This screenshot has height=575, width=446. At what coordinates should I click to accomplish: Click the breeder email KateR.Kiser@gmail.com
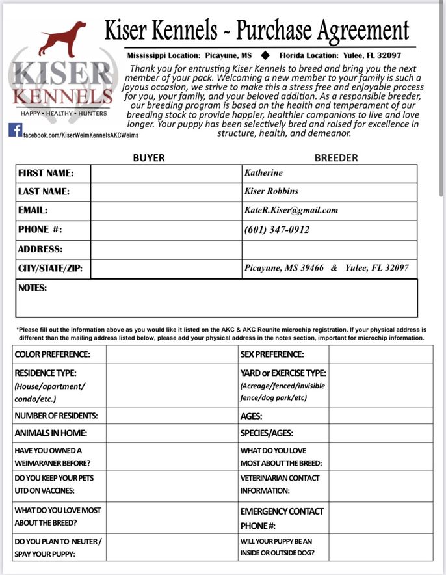pyautogui.click(x=291, y=210)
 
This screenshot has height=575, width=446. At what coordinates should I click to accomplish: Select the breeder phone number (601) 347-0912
pyautogui.click(x=276, y=230)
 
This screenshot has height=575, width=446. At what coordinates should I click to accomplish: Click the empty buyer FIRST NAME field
pyautogui.click(x=165, y=174)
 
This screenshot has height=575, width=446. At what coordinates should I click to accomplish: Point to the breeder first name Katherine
pyautogui.click(x=263, y=173)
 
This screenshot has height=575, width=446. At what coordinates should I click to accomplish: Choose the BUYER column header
pyautogui.click(x=149, y=157)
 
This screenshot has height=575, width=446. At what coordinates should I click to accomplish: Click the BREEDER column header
pyautogui.click(x=336, y=157)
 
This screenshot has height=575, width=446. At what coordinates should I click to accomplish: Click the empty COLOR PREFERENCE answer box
pyautogui.click(x=172, y=354)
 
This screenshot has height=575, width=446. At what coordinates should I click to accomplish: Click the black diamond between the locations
pyautogui.click(x=265, y=55)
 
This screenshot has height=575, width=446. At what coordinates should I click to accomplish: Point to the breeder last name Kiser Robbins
pyautogui.click(x=271, y=192)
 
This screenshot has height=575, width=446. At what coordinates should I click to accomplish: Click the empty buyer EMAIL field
pyautogui.click(x=165, y=211)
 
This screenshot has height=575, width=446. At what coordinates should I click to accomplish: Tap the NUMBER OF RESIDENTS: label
pyautogui.click(x=56, y=416)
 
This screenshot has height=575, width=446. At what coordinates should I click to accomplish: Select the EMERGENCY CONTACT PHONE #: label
pyautogui.click(x=282, y=518)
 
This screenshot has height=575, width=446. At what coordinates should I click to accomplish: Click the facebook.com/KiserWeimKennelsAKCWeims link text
pyautogui.click(x=81, y=135)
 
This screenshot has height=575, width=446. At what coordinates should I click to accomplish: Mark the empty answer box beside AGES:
pyautogui.click(x=380, y=416)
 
